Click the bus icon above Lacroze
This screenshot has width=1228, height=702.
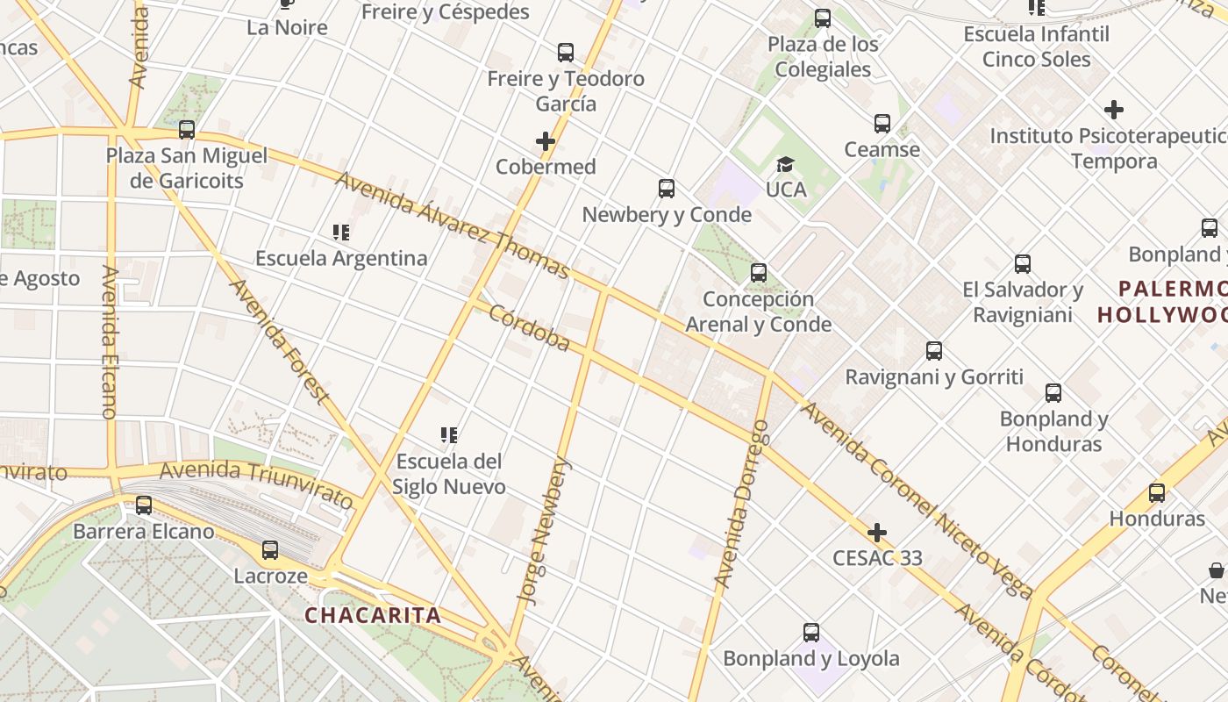tap(270, 550)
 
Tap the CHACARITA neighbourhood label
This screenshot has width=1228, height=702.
tap(373, 615)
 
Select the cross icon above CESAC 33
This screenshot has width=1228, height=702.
tap(877, 533)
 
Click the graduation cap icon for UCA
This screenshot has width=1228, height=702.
tap(785, 164)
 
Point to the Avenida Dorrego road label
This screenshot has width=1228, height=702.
tap(742, 504)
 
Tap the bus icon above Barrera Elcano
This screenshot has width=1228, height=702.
tap(144, 505)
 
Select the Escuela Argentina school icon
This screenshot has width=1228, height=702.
tap(341, 233)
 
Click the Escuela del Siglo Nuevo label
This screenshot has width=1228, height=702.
tap(449, 474)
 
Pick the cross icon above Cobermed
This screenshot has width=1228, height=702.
tap(546, 141)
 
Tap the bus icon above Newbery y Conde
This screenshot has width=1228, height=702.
tap(667, 189)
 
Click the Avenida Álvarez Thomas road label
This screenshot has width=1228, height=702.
tap(453, 225)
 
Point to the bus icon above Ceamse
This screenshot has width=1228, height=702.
tap(882, 124)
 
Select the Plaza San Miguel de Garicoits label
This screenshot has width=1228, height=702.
tap(187, 168)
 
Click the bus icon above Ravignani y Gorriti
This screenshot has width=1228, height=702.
tap(934, 351)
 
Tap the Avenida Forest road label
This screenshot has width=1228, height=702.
tap(279, 340)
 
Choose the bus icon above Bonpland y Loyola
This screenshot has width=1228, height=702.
tap(811, 633)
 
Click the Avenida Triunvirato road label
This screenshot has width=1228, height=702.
tap(256, 484)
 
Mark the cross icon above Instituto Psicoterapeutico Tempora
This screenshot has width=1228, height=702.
tap(1114, 111)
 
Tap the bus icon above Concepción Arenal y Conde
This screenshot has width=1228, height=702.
tap(759, 273)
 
